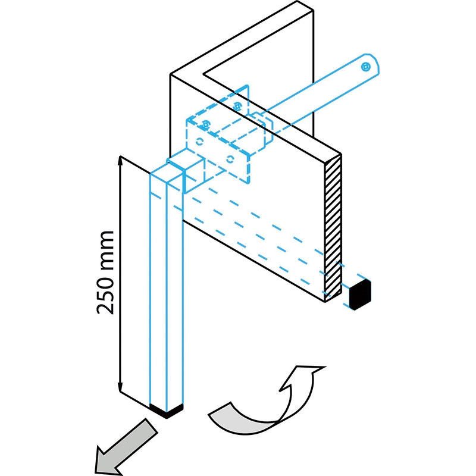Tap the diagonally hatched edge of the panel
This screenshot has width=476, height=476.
(333, 226)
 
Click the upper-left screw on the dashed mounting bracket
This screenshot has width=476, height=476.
(206, 124)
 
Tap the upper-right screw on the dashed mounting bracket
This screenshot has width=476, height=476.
(238, 106)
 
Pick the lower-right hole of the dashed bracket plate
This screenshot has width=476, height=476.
(231, 158)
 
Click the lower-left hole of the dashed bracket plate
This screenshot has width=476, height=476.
(199, 141)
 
